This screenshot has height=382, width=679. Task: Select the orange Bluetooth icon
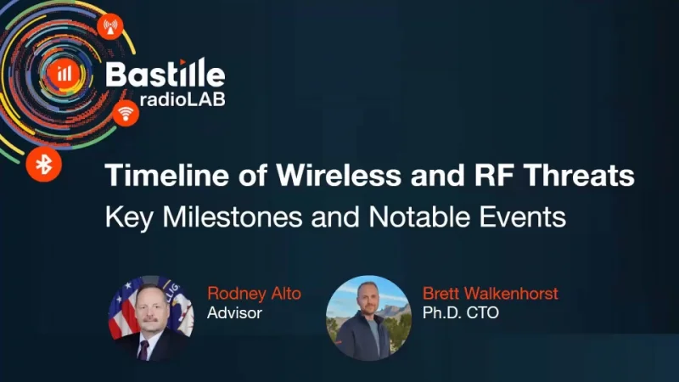point(39,162)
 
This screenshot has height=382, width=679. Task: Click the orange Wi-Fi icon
point(126,112)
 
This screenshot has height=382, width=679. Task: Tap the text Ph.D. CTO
point(460,312)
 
